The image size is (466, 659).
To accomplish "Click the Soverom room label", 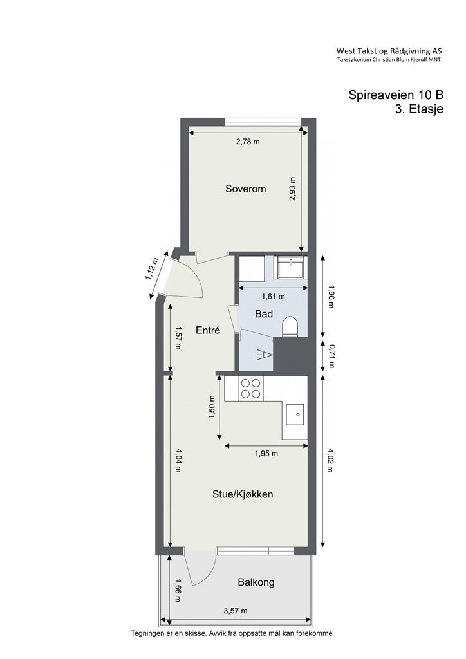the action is (245, 189).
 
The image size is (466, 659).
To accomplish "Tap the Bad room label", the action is (264, 314).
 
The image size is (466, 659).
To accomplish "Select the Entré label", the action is (208, 330).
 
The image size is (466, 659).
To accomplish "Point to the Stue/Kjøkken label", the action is (243, 494).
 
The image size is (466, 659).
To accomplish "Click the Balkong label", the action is (256, 582).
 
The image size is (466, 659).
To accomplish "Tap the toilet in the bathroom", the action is (290, 327).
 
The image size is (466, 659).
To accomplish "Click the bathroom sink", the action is (290, 268).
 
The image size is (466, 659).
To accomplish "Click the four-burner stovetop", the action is (250, 388).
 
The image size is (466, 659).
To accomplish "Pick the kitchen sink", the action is (296, 415).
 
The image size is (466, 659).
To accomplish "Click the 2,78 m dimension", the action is (248, 142).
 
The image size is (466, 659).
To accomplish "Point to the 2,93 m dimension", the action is (293, 189).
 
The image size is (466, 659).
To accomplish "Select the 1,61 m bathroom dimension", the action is (273, 297).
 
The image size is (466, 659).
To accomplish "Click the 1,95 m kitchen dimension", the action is (266, 454).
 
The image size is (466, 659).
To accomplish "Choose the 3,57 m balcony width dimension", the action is (236, 611).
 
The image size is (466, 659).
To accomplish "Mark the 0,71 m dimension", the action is (331, 357).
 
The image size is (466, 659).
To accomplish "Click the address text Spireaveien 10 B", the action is (396, 95).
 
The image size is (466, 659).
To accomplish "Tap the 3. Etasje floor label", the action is (419, 109).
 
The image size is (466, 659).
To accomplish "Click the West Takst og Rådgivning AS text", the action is (389, 51).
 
